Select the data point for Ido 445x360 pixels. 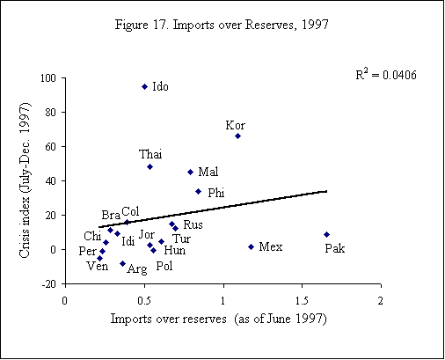pyautogui.click(x=145, y=86)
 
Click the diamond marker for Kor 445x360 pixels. pyautogui.click(x=237, y=136)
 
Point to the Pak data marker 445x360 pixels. pyautogui.click(x=326, y=234)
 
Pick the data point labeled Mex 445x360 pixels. pyautogui.click(x=251, y=246)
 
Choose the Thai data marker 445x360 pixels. pyautogui.click(x=150, y=166)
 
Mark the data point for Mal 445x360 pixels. pyautogui.click(x=190, y=172)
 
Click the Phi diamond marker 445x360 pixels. pyautogui.click(x=198, y=191)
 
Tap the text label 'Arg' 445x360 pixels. pyautogui.click(x=136, y=269)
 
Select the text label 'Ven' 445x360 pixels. pyautogui.click(x=97, y=266)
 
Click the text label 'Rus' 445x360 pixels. pyautogui.click(x=193, y=225)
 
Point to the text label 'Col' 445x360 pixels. pyautogui.click(x=130, y=211)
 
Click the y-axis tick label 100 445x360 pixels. pyautogui.click(x=47, y=78)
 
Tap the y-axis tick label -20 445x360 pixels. pyautogui.click(x=49, y=284)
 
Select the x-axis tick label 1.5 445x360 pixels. pyautogui.click(x=302, y=300)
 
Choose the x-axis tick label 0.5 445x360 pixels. pyautogui.click(x=144, y=300)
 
